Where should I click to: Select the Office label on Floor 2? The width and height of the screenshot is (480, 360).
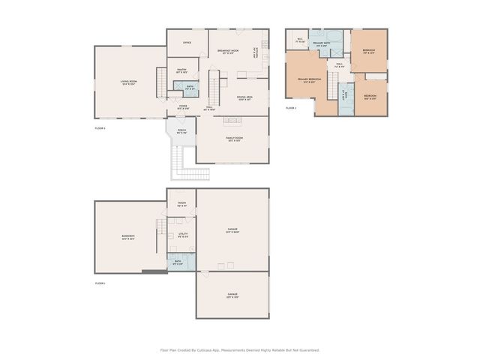click(x=187, y=43)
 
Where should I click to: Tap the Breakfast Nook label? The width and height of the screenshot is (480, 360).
click(x=229, y=51)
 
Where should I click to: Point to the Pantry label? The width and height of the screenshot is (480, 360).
click(x=181, y=70)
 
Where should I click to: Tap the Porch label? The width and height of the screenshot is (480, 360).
click(x=181, y=131)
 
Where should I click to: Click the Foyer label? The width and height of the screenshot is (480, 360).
click(x=182, y=107)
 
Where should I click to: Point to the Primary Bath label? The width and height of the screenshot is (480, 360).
click(x=323, y=44)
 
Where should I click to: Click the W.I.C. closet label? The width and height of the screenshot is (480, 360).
click(x=299, y=40)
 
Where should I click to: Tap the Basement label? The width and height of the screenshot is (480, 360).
click(x=128, y=238)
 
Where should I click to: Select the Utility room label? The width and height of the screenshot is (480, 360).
click(x=183, y=235)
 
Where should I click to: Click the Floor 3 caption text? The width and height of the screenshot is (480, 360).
click(x=291, y=108)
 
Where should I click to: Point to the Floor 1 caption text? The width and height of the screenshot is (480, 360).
click(x=100, y=283)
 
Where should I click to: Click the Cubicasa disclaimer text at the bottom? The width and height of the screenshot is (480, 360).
click(x=240, y=349)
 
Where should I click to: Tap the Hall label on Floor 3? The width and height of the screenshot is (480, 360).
click(x=339, y=65)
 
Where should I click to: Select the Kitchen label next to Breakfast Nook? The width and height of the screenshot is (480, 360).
click(x=256, y=55)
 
